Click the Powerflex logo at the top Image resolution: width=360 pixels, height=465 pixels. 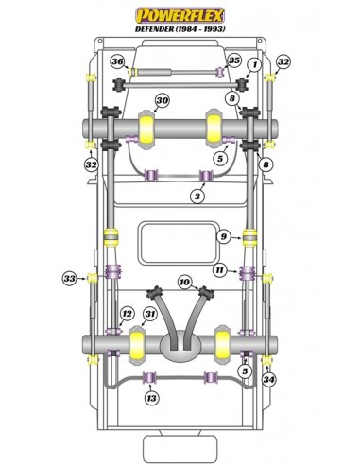180,15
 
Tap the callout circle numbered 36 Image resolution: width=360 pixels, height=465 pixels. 117,61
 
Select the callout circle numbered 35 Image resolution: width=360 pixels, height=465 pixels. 234,60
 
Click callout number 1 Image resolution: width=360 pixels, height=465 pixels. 255,65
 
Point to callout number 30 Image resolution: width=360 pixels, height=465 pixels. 162,100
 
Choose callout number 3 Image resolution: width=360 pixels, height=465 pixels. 197,197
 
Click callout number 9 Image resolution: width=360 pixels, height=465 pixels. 224,236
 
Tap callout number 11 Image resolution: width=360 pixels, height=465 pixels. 219,270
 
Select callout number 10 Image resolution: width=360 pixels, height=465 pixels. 185,282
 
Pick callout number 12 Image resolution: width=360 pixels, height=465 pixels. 128,314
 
